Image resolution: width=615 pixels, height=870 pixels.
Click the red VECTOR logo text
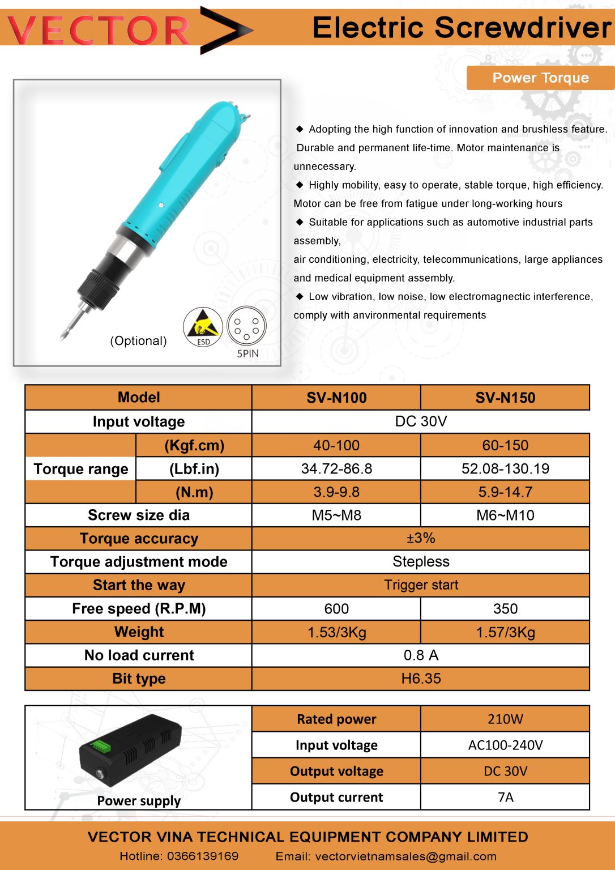pyautogui.click(x=99, y=31)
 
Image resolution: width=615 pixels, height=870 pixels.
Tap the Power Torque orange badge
pyautogui.click(x=540, y=78)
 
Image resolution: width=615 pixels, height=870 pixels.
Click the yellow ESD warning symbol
pyautogui.click(x=202, y=327)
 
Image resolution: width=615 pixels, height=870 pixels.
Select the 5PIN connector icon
pyautogui.click(x=246, y=327)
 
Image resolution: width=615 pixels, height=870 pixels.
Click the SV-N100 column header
pyautogui.click(x=336, y=398)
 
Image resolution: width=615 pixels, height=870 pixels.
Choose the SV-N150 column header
pyautogui.click(x=505, y=398)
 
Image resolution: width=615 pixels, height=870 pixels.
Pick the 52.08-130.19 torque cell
pyautogui.click(x=505, y=468)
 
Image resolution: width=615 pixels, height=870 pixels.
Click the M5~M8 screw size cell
pyautogui.click(x=336, y=515)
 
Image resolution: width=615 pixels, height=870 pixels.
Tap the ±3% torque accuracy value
pyautogui.click(x=421, y=538)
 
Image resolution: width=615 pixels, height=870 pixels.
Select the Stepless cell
pyautogui.click(x=421, y=561)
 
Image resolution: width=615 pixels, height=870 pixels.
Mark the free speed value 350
pyautogui.click(x=505, y=608)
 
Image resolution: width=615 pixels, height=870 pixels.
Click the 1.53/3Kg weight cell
pyautogui.click(x=336, y=632)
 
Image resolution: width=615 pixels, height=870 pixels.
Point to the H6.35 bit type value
pyautogui.click(x=421, y=679)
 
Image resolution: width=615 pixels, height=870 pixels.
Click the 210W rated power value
pyautogui.click(x=505, y=719)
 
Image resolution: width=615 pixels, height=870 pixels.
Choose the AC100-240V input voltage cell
pyautogui.click(x=505, y=745)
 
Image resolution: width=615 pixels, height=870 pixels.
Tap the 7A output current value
pyautogui.click(x=505, y=797)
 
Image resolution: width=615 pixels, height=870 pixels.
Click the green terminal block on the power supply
pyautogui.click(x=102, y=746)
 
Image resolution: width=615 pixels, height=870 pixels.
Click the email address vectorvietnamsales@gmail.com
pyautogui.click(x=405, y=856)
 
